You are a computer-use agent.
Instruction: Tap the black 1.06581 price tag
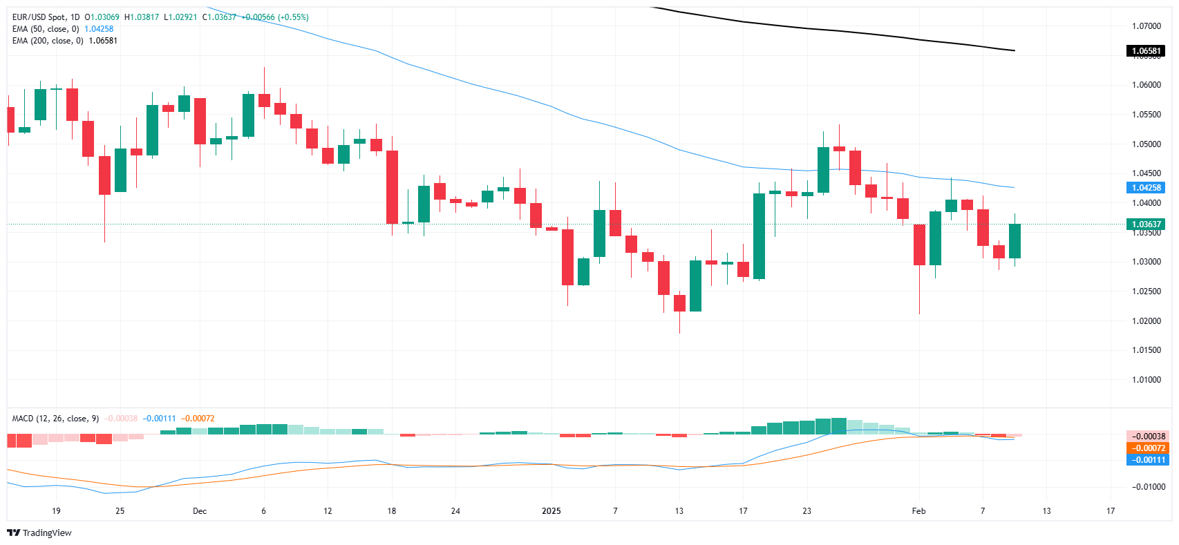click(x=1145, y=51)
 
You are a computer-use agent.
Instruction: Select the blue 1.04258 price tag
click(x=1145, y=188)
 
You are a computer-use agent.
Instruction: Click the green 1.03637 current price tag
click(x=1145, y=224)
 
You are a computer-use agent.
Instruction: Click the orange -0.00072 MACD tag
click(x=1148, y=448)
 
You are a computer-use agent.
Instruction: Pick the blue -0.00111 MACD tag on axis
click(x=1148, y=460)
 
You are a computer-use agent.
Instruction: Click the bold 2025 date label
click(x=551, y=511)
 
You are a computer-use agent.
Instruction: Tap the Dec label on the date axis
click(x=200, y=511)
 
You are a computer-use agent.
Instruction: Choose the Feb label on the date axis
click(x=918, y=511)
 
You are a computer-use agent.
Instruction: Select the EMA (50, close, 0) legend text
click(x=46, y=29)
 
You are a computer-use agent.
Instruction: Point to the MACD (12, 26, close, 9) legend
click(x=55, y=419)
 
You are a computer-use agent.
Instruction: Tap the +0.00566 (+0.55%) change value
click(x=274, y=17)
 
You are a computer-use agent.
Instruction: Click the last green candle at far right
click(x=1015, y=241)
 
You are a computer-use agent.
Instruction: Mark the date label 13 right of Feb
click(x=1046, y=511)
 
